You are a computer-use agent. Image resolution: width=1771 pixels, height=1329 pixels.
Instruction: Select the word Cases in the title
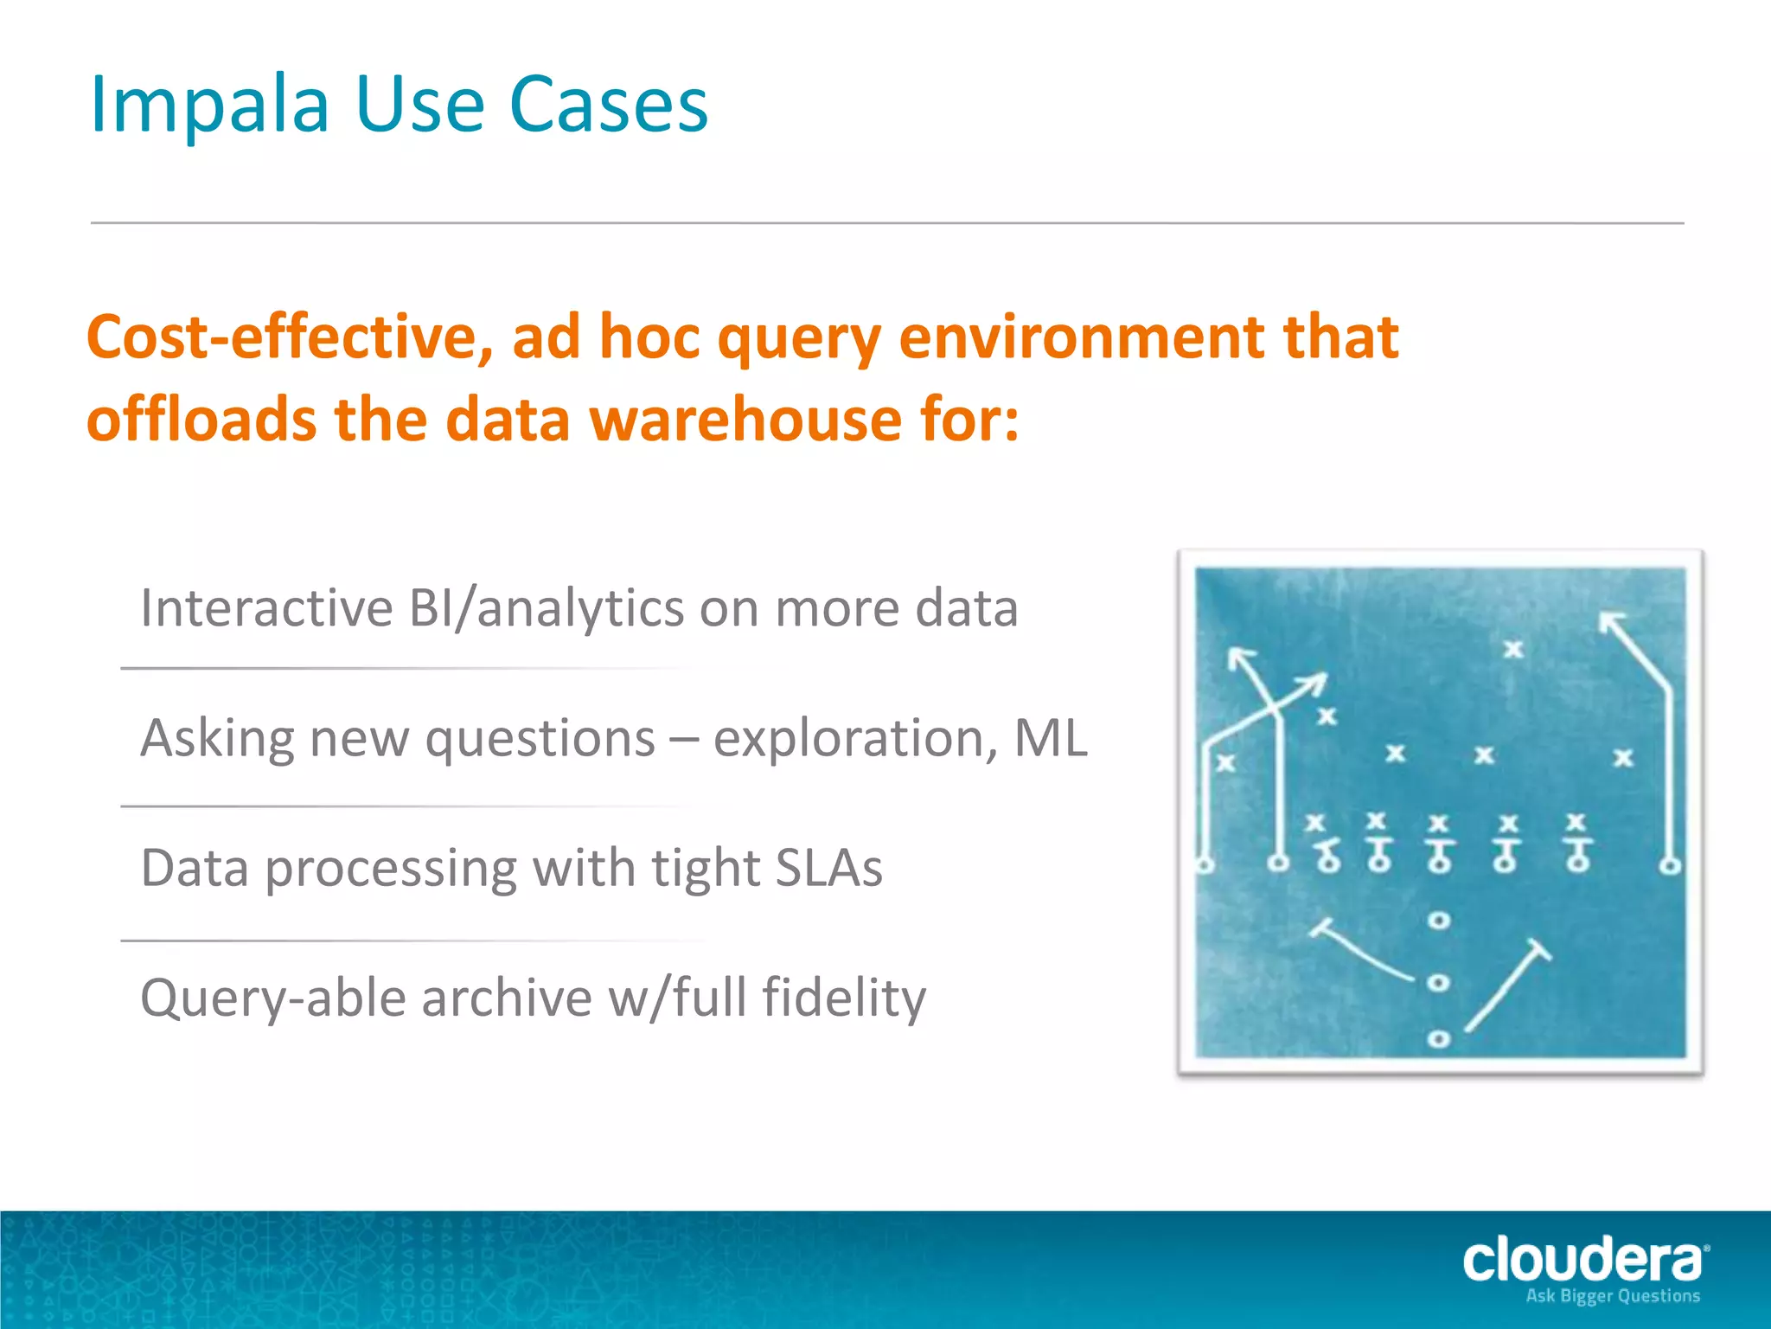(609, 106)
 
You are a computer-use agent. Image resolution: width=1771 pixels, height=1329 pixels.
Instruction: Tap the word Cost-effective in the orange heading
(290, 337)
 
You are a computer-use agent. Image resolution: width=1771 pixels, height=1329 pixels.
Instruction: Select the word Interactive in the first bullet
(266, 608)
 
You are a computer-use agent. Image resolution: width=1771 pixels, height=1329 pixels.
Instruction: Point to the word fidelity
(843, 998)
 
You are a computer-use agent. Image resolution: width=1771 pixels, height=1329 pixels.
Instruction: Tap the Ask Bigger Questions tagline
(1612, 1296)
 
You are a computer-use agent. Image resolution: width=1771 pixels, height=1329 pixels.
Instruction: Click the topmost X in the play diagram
(1512, 649)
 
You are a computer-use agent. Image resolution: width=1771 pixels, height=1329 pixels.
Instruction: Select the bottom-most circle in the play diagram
(1438, 1038)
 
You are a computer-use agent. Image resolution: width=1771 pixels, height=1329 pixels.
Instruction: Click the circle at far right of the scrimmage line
(1671, 864)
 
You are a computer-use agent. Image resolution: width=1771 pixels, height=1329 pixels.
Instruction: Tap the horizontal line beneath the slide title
(887, 223)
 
